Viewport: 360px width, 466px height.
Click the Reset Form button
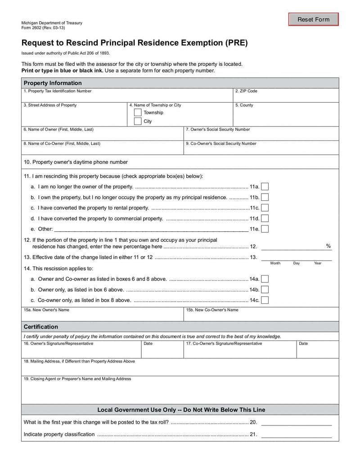(x=313, y=19)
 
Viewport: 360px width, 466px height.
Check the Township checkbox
(x=138, y=113)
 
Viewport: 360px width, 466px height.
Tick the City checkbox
(x=138, y=122)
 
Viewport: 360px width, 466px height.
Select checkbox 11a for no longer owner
(x=265, y=186)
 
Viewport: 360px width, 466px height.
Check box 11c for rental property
(x=265, y=208)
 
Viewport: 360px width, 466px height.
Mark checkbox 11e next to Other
(x=265, y=229)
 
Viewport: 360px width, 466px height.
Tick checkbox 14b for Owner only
(x=265, y=290)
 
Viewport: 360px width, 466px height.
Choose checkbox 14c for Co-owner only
(x=265, y=300)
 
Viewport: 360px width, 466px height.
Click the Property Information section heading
(x=53, y=83)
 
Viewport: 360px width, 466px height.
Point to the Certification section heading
(x=41, y=326)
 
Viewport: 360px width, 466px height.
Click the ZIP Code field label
(x=246, y=91)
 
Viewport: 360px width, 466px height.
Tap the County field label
(x=244, y=105)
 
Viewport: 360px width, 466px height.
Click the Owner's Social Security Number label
(x=218, y=129)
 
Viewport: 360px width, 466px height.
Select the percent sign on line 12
(x=328, y=246)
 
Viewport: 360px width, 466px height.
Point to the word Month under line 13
(x=275, y=263)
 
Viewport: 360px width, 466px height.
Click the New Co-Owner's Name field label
(x=212, y=310)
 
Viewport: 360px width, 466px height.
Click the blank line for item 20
(x=297, y=422)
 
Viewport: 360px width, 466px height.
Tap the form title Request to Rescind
(x=135, y=43)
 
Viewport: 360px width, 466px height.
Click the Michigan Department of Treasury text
(x=52, y=23)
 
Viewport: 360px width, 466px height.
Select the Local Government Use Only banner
(x=181, y=410)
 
